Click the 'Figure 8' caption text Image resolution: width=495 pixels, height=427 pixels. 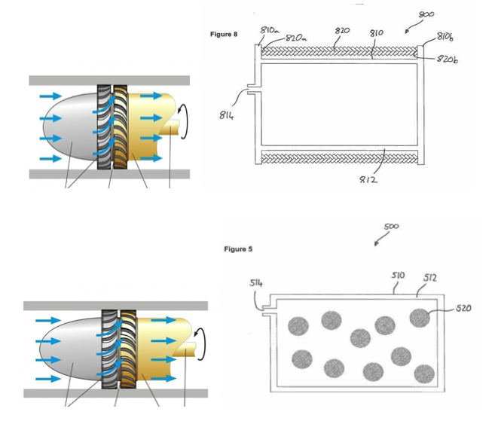(x=224, y=35)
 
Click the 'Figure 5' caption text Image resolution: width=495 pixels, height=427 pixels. (x=238, y=249)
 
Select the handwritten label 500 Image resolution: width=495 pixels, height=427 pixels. (x=391, y=226)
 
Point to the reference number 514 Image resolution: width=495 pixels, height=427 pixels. (x=256, y=283)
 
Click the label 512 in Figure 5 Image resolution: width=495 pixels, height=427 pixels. (x=429, y=278)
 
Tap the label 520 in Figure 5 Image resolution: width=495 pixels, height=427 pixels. (x=464, y=308)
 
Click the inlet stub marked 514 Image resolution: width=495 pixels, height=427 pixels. (x=266, y=309)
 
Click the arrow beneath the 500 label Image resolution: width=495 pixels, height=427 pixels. (x=376, y=242)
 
